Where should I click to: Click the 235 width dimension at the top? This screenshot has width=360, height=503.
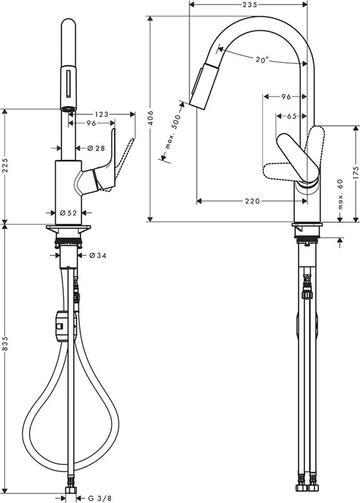[248, 5]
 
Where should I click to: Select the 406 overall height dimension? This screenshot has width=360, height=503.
[151, 118]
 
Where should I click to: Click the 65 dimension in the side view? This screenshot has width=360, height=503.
[292, 117]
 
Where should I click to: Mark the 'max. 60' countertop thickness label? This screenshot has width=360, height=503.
[340, 196]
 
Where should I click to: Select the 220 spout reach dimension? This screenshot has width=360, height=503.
[252, 201]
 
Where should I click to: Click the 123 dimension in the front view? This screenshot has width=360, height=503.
[102, 114]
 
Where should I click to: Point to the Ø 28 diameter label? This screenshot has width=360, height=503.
[87, 148]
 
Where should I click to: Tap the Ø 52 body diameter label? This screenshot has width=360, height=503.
[69, 213]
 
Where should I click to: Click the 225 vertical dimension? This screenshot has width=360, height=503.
[5, 165]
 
